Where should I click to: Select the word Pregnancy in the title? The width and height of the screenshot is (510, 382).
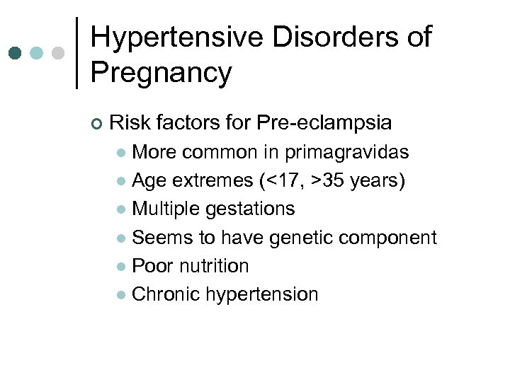pos(161,73)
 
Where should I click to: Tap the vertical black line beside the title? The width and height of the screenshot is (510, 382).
pos(76,54)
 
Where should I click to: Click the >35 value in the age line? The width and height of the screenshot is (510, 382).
pos(328,180)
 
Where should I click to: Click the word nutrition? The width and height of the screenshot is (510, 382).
pos(214,266)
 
